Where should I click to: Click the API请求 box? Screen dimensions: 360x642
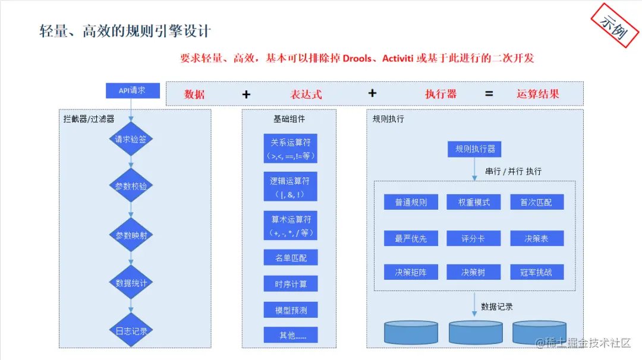coord(133,90)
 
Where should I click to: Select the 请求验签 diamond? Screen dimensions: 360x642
coord(131,140)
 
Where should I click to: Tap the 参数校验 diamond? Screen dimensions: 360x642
coord(131,186)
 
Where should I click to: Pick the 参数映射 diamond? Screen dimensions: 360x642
coord(131,235)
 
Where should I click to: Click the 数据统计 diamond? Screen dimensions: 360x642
coord(131,283)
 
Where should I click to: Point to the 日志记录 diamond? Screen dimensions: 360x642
coord(131,331)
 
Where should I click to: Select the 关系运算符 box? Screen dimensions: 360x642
coord(290,149)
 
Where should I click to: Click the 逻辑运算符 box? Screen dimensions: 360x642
coord(290,187)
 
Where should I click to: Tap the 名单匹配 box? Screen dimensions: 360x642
coord(290,258)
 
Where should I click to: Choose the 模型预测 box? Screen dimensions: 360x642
coord(290,310)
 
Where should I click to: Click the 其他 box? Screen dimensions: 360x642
coord(290,335)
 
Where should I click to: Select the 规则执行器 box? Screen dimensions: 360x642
coord(474,149)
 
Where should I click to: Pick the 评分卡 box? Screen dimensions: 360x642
coord(474,238)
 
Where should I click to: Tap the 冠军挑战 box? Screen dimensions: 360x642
coord(537,272)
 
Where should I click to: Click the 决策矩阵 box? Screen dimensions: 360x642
coord(411,272)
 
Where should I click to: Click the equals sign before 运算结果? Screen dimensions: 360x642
coord(489,94)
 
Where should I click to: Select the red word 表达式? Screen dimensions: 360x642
coord(306,94)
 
